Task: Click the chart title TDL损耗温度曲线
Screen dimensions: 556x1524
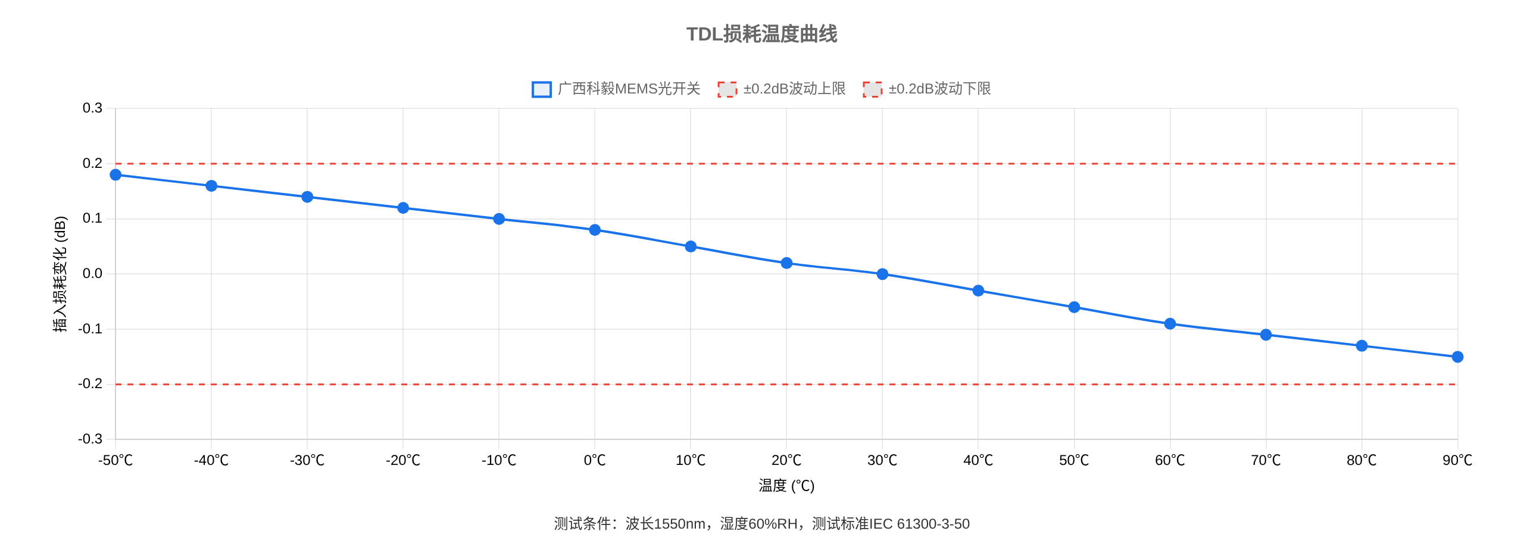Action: [x=761, y=35]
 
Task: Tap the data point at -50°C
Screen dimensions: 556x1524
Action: [x=115, y=175]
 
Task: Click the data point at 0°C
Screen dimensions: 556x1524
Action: [x=595, y=230]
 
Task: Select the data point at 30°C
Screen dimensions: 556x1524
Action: [x=882, y=274]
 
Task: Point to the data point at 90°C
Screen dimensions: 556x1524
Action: [x=1457, y=357]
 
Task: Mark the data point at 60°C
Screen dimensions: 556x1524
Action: [x=1170, y=324]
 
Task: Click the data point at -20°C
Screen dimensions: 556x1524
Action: [x=403, y=208]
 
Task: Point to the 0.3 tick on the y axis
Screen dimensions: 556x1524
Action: [x=92, y=108]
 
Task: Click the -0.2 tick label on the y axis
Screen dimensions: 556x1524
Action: [x=90, y=384]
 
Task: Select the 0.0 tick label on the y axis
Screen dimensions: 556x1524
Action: [x=92, y=274]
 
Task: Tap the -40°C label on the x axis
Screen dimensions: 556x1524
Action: [x=211, y=460]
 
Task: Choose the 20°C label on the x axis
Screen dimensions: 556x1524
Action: [x=786, y=460]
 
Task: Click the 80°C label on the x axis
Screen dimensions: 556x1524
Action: [x=1361, y=460]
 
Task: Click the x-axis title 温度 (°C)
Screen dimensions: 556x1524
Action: [x=786, y=486]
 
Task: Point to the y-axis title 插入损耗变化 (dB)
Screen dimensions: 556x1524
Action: [x=60, y=274]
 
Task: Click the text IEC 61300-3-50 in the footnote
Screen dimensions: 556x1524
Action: [x=920, y=524]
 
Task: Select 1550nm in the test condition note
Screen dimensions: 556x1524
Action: [x=679, y=524]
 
